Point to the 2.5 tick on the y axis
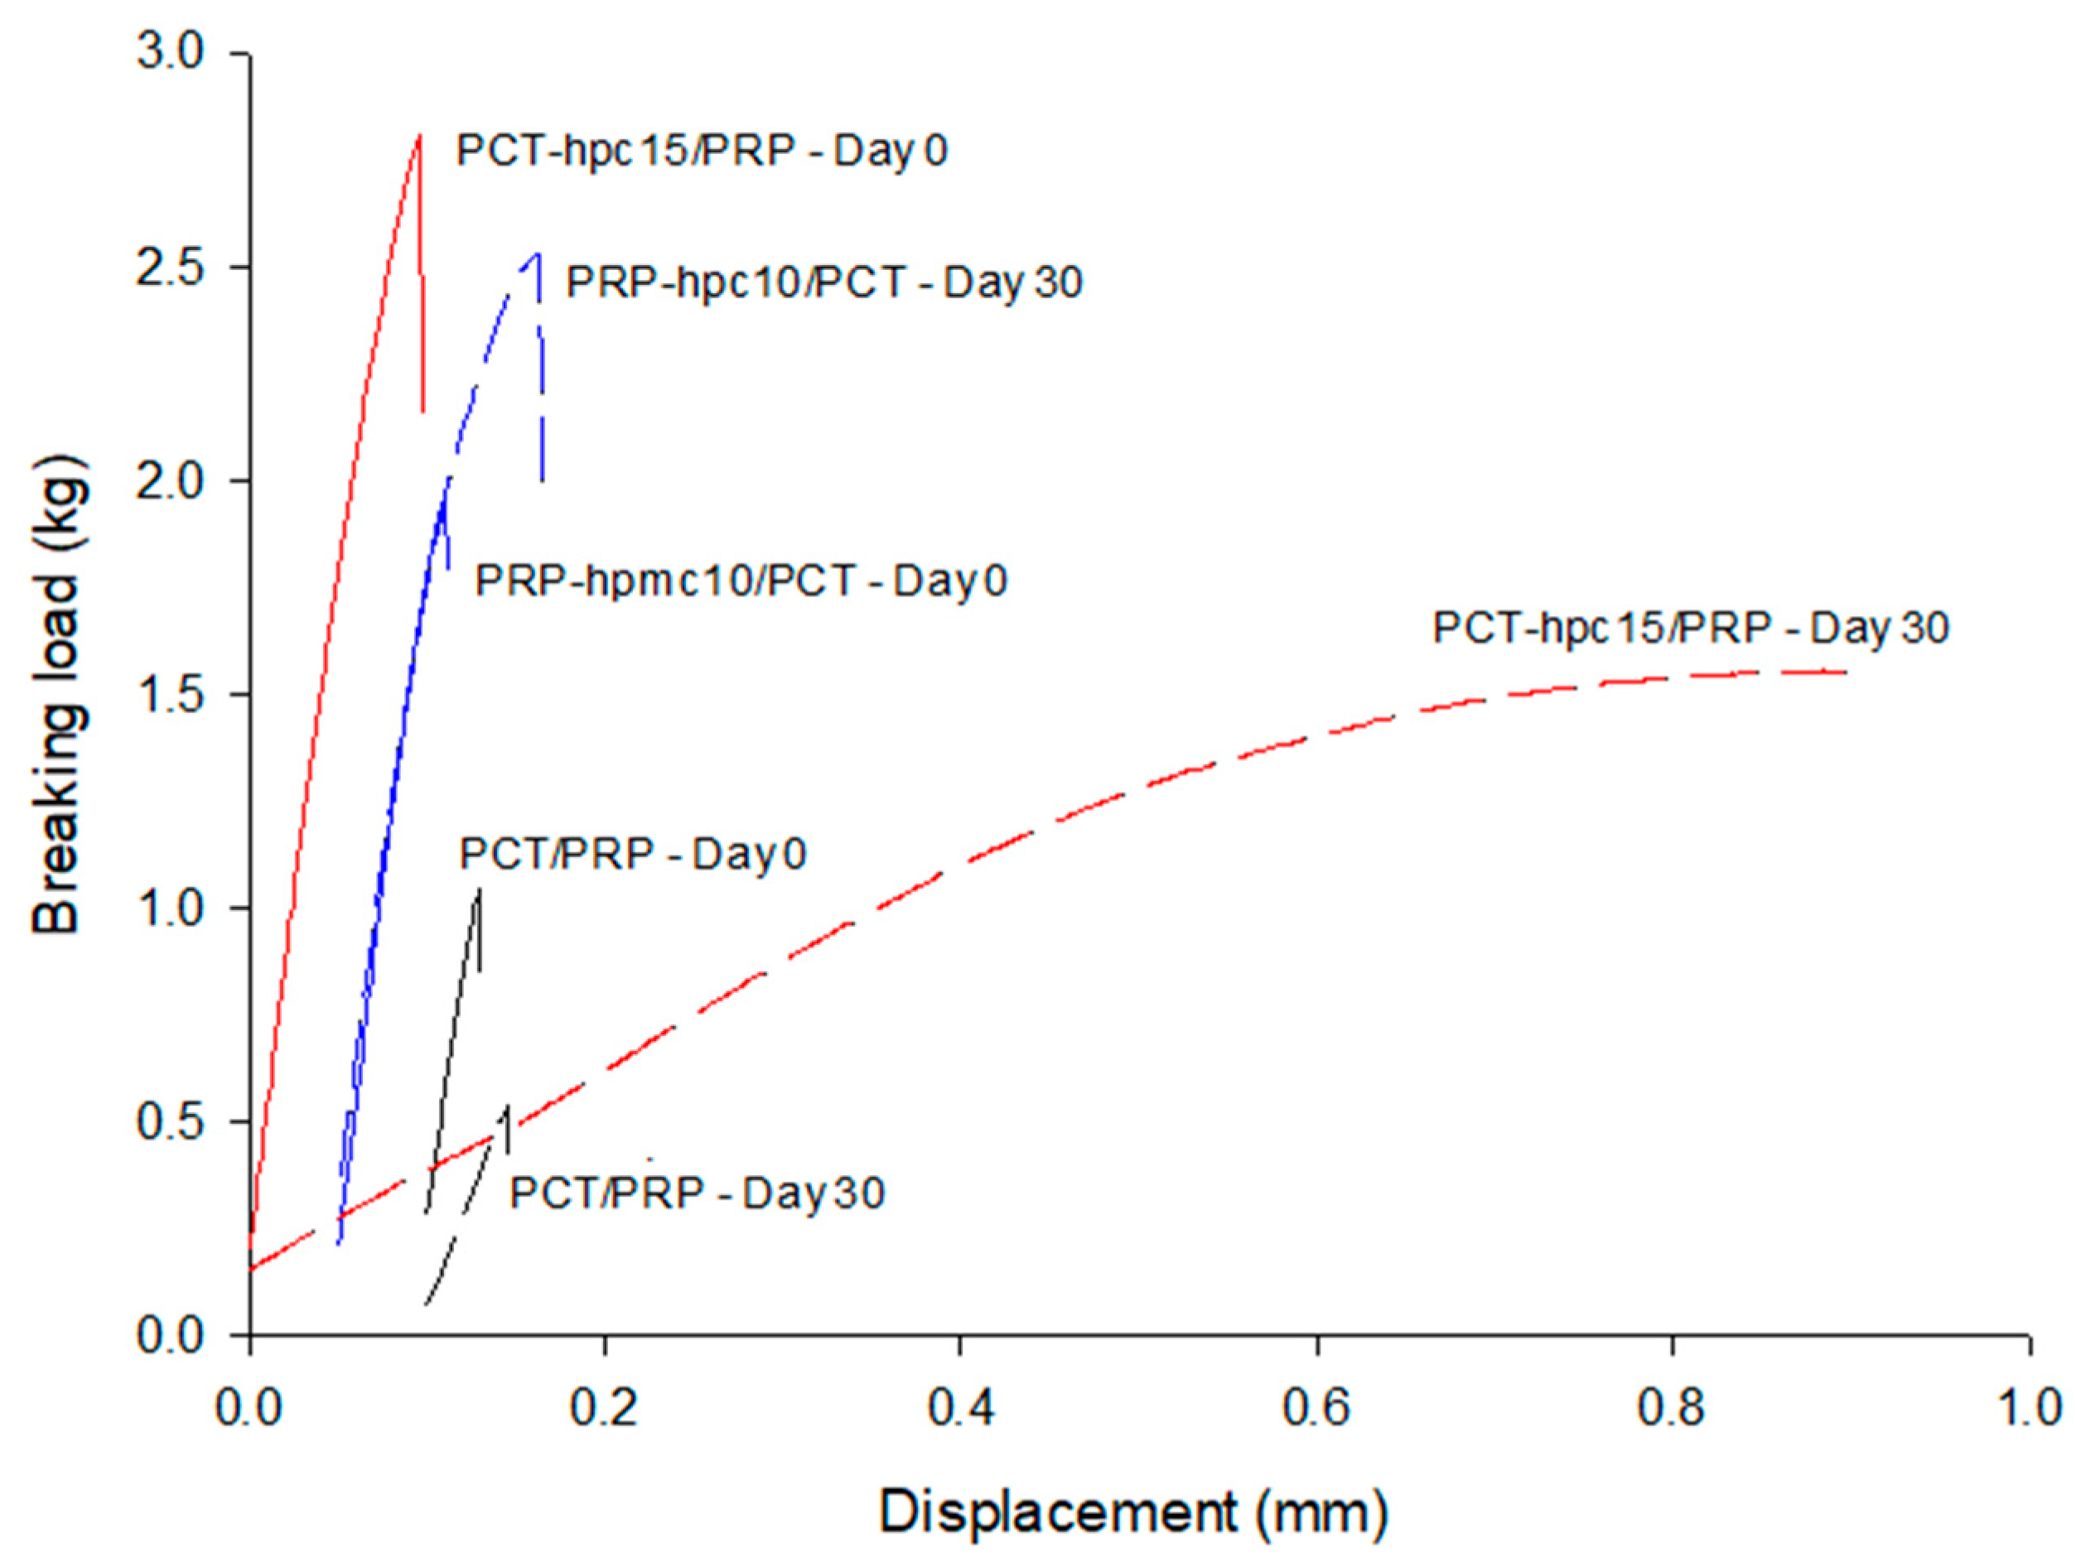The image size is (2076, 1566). pos(170,267)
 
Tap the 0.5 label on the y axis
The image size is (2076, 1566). pos(170,1121)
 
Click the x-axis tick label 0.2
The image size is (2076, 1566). pos(606,1409)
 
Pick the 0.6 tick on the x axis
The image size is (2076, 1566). pos(1316,1409)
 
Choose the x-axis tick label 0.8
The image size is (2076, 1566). pos(1673,1409)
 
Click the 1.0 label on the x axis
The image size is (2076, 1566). pos(2027,1409)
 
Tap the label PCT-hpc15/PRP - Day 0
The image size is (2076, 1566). pos(701,150)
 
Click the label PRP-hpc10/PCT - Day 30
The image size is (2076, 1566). pos(824,282)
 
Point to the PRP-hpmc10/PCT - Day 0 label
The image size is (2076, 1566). pos(741,581)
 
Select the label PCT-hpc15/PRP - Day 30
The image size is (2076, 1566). pos(1690,628)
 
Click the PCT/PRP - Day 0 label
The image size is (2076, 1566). pos(633,855)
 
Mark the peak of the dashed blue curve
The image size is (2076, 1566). pos(537,253)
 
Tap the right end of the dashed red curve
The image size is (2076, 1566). pos(1845,671)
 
